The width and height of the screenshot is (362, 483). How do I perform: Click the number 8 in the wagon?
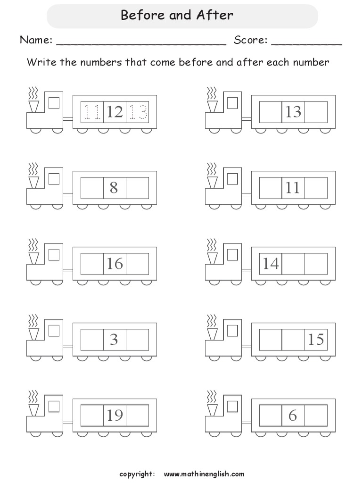[114, 188]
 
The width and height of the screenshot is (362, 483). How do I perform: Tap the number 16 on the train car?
[115, 264]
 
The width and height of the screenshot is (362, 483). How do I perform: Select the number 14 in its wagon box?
[271, 264]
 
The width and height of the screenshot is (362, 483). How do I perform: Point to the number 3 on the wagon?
[114, 340]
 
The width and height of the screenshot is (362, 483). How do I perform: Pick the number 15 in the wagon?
[315, 340]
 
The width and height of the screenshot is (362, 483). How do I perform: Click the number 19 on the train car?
[115, 416]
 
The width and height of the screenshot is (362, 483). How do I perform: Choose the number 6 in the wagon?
[293, 416]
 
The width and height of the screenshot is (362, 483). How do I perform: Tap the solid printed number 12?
[115, 112]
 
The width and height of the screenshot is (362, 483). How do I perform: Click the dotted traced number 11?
[92, 112]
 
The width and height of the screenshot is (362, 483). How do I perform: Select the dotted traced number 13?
[138, 112]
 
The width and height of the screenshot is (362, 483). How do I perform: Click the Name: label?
[36, 41]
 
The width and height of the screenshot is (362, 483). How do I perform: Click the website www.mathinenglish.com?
[204, 474]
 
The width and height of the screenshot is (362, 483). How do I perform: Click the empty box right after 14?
[293, 264]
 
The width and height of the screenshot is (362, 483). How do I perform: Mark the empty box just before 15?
[293, 340]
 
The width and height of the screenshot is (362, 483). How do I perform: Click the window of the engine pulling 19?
[54, 406]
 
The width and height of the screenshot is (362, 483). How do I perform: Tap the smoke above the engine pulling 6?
[212, 394]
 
